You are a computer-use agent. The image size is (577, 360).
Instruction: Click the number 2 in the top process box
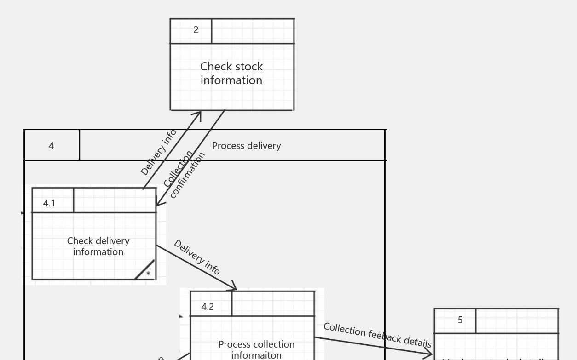tap(196, 30)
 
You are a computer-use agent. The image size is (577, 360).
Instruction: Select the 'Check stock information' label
tap(231, 73)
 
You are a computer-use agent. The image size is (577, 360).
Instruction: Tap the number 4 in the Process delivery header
tap(51, 146)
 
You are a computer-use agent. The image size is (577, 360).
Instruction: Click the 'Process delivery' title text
tap(246, 146)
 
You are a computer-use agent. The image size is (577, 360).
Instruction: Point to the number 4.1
tap(49, 203)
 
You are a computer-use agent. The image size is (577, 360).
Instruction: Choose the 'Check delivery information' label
tap(98, 246)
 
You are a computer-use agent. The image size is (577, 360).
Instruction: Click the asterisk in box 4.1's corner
tap(148, 274)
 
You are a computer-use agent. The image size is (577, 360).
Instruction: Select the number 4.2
tap(208, 307)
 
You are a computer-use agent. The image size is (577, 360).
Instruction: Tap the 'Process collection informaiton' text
tap(256, 349)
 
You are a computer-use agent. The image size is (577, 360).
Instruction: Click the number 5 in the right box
tap(460, 320)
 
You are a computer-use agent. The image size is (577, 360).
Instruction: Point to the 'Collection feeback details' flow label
tap(377, 335)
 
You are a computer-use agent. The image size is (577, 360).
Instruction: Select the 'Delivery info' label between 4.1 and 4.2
tap(197, 257)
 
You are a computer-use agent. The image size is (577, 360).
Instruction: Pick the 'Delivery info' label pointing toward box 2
tap(158, 152)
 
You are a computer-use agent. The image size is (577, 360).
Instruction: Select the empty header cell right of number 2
tap(253, 31)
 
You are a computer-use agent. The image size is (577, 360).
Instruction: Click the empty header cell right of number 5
tap(517, 320)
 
